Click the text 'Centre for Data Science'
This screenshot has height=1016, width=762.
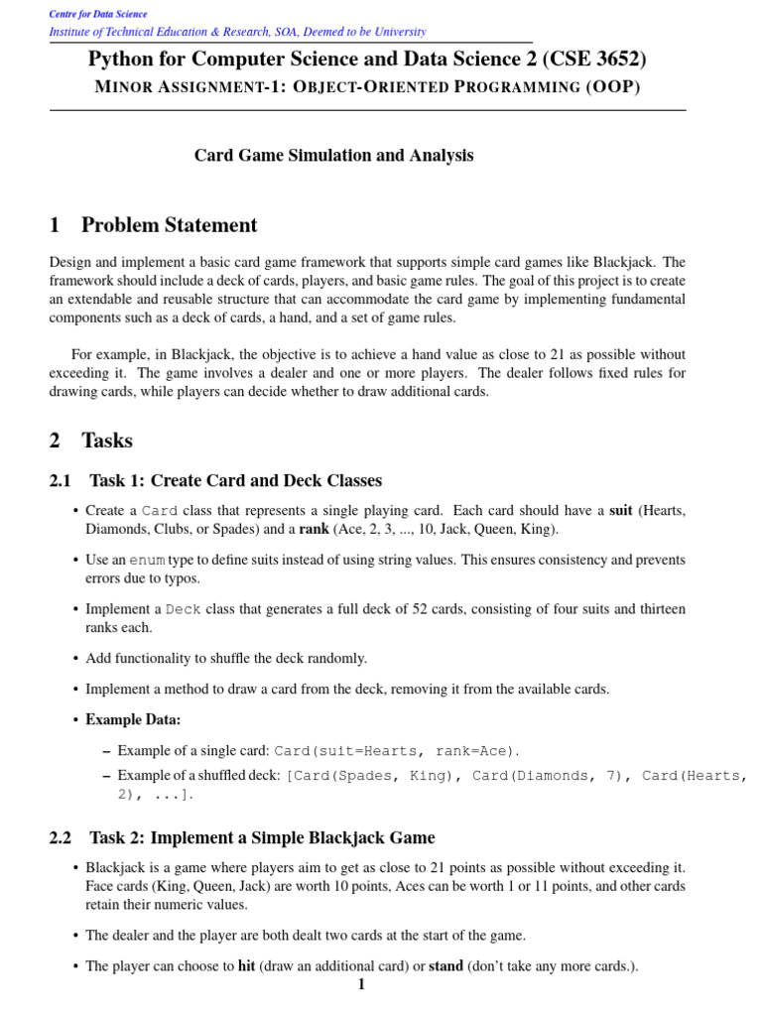(x=98, y=14)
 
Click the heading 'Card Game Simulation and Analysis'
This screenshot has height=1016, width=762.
(x=333, y=156)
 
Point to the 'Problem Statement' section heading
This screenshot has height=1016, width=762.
(x=169, y=225)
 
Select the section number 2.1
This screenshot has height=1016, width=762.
(x=60, y=481)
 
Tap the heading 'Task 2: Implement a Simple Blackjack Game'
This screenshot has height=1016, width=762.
(x=262, y=838)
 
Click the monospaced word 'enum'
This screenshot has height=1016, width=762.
(x=147, y=561)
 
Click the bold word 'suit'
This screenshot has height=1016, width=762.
(x=620, y=511)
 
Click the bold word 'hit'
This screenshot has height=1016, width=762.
(x=247, y=965)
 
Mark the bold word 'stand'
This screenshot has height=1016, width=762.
(x=445, y=965)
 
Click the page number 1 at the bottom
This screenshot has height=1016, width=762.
(x=361, y=985)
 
